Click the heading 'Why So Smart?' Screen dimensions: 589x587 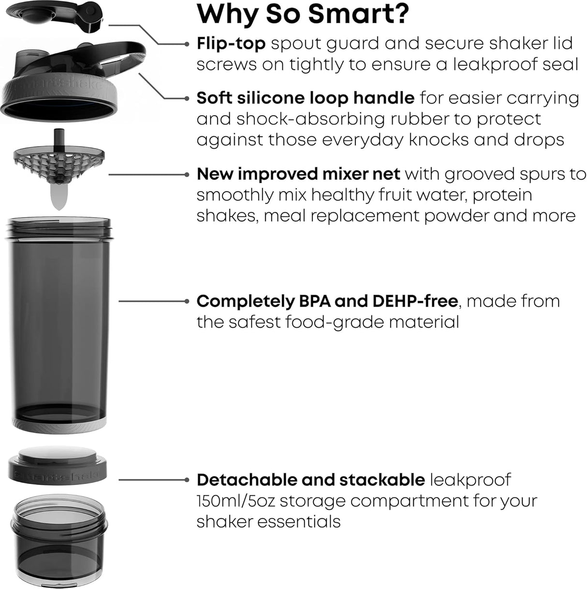pos(302,14)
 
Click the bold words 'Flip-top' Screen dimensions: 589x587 pos(231,44)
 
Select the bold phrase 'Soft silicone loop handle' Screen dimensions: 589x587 pos(305,98)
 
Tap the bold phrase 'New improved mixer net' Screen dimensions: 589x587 pos(298,174)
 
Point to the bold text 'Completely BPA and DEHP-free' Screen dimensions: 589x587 pos(326,301)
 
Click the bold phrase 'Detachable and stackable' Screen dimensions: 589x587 pos(310,480)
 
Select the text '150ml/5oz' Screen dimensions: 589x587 pos(235,501)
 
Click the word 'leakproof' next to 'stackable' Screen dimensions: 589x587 pos(470,480)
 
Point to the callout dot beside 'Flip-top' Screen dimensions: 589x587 pos(187,44)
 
